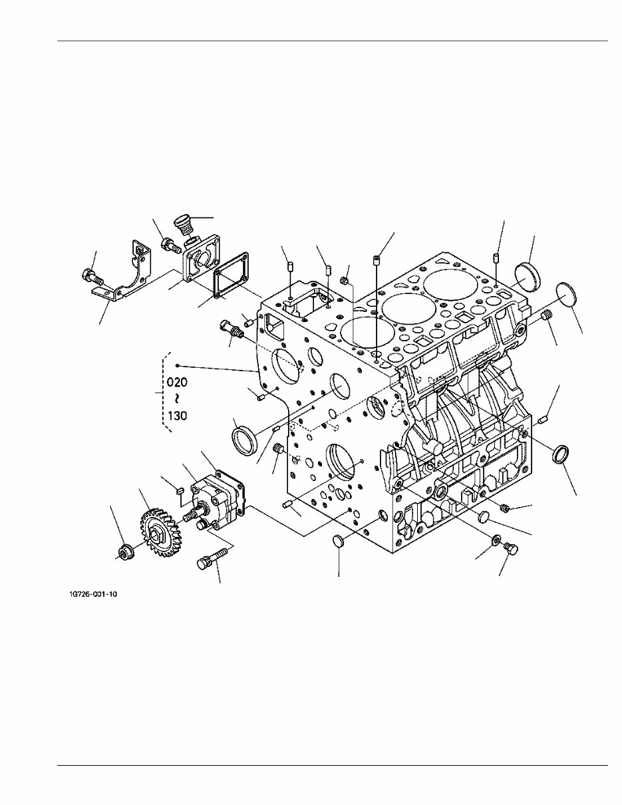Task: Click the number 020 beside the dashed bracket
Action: tap(177, 383)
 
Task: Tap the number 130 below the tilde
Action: tap(177, 416)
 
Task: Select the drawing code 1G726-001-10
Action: tap(93, 594)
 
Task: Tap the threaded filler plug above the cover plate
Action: tap(183, 224)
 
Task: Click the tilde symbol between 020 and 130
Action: tap(177, 399)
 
